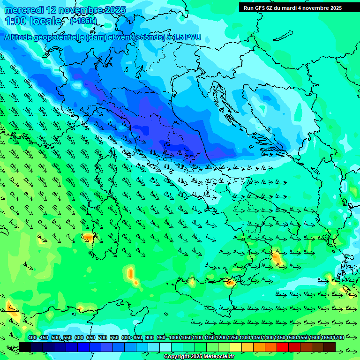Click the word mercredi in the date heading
(24, 10)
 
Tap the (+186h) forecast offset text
(83, 21)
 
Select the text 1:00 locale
(33, 21)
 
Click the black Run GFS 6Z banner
(292, 8)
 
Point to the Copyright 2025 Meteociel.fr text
(199, 357)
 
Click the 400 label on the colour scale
(32, 337)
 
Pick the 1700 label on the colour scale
(326, 337)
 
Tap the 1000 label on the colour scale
(174, 337)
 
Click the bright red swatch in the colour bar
(283, 347)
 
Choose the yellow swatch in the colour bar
(236, 347)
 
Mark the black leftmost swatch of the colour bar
(25, 347)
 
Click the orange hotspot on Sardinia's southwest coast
(88, 238)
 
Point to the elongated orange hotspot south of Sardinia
(131, 274)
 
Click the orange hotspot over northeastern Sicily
(230, 282)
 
